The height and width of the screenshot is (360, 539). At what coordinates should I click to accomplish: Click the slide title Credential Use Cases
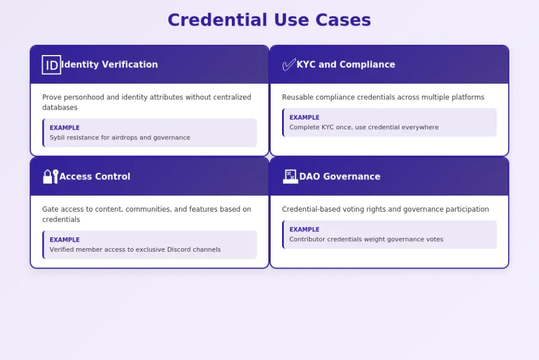tap(269, 20)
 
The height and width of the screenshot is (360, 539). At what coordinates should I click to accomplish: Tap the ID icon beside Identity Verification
tap(51, 65)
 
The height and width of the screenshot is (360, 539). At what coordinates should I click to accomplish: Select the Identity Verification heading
tap(109, 65)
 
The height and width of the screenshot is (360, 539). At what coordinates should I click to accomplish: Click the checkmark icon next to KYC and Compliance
tap(289, 65)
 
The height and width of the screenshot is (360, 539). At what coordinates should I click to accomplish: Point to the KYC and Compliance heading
tap(345, 65)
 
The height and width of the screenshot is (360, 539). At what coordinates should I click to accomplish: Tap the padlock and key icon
tap(50, 176)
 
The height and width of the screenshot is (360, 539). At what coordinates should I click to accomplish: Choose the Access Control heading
tap(94, 176)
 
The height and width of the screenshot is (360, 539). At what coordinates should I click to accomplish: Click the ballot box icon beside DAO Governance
tap(290, 176)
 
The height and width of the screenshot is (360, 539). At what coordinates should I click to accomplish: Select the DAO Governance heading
tap(339, 176)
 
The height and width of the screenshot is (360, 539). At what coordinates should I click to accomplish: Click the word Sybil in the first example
tap(57, 138)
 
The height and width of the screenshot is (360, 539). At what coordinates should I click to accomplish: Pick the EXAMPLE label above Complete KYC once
tap(304, 117)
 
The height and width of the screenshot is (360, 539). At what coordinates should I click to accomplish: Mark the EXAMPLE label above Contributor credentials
tap(304, 229)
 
